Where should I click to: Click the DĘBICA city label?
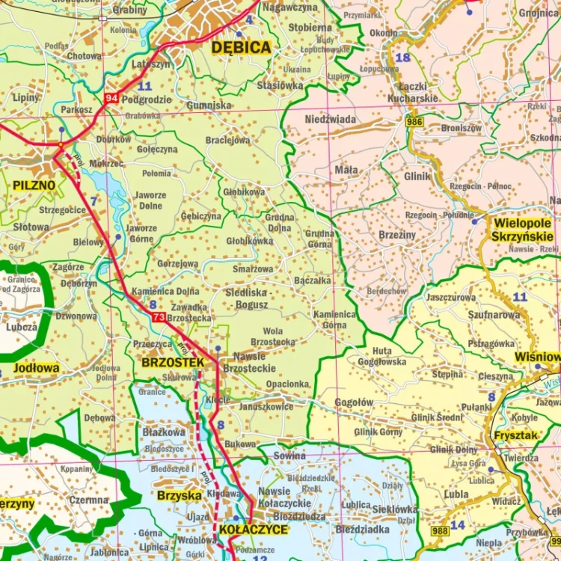click(x=240, y=48)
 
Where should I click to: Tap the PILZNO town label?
click(x=34, y=185)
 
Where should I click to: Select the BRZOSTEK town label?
click(x=172, y=363)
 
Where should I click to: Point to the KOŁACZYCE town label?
click(x=253, y=530)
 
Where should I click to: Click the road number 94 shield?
click(x=112, y=99)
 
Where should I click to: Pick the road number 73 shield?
click(x=158, y=318)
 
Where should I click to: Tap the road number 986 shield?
click(x=414, y=121)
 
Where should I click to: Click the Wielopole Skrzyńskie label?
click(x=522, y=230)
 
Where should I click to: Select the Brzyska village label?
click(x=179, y=495)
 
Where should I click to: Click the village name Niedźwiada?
click(x=330, y=119)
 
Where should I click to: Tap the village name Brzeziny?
click(x=397, y=234)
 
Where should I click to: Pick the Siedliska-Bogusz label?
click(x=247, y=299)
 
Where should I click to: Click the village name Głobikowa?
click(x=244, y=192)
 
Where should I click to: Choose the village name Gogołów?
click(x=354, y=402)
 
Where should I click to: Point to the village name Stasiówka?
click(x=280, y=85)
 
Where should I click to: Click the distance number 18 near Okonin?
click(x=402, y=58)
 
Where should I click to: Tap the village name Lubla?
click(x=456, y=494)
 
